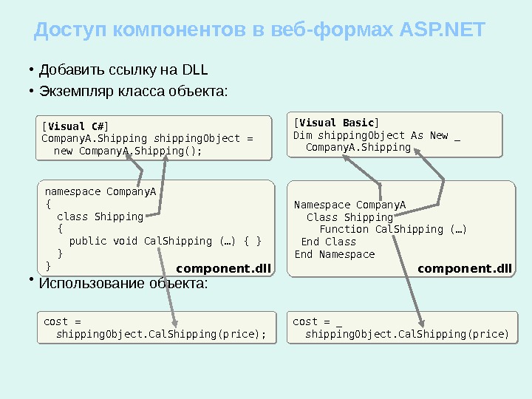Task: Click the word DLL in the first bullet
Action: tap(194, 71)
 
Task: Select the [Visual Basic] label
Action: tap(336, 123)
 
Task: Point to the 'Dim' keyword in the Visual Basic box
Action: tap(303, 135)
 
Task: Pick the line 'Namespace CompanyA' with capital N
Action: tap(350, 205)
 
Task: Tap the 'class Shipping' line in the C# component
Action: tap(100, 216)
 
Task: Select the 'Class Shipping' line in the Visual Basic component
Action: tap(349, 217)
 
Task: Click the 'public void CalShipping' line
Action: tap(166, 241)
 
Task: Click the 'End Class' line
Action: tap(329, 242)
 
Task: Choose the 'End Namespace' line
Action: tap(335, 254)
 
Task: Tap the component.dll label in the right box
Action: tap(465, 267)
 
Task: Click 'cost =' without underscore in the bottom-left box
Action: tap(62, 321)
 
